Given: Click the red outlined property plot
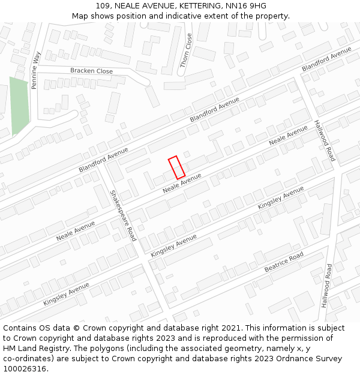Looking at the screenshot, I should [x=176, y=167].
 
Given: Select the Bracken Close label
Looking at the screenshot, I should [x=91, y=71].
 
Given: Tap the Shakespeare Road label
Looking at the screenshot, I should [x=124, y=215].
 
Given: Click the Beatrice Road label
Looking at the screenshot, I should [x=284, y=262].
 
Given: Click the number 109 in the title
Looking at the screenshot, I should [x=103, y=6].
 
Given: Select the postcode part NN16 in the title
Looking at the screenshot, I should [x=235, y=6].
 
